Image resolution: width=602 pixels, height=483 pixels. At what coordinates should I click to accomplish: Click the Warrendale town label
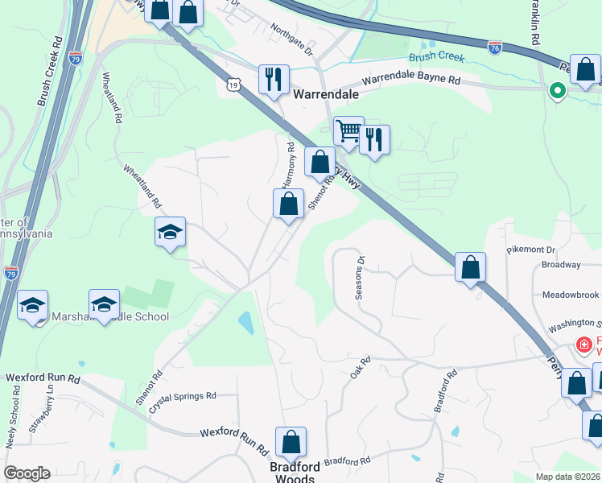click(325, 94)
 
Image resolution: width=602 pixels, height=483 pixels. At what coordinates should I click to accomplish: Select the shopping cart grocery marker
click(348, 131)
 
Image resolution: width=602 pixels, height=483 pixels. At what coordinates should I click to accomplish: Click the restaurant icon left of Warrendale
click(274, 80)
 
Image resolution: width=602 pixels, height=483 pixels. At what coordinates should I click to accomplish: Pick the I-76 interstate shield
click(495, 48)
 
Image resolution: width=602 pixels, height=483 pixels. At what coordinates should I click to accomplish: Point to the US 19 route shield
click(233, 84)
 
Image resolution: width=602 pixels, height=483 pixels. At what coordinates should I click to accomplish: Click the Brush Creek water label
click(436, 57)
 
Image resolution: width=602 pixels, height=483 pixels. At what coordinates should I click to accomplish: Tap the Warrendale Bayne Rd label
click(410, 80)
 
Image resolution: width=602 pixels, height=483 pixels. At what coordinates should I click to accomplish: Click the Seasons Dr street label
click(361, 278)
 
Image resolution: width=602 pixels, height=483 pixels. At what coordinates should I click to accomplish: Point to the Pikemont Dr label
click(531, 250)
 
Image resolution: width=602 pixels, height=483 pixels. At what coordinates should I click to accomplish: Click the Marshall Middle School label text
click(110, 317)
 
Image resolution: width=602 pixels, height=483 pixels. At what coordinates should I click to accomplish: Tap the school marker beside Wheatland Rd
click(170, 233)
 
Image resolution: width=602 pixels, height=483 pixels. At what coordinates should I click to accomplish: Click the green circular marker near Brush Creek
click(557, 92)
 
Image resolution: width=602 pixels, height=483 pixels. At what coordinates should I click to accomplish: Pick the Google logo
click(27, 473)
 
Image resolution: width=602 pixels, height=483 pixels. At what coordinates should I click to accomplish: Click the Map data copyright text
click(567, 477)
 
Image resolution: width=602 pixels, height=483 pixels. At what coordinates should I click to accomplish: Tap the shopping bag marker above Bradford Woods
click(291, 442)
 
